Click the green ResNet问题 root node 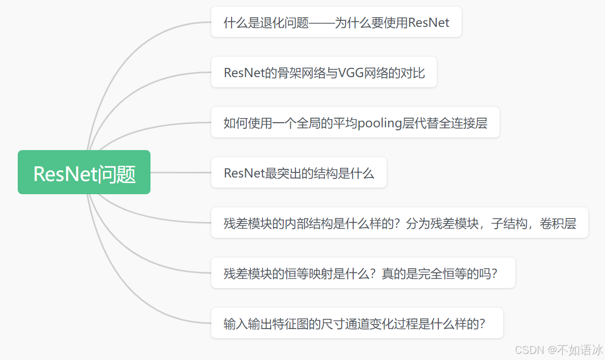click(84, 172)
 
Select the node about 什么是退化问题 click(336, 22)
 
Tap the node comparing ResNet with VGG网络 click(324, 73)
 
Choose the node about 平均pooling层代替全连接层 click(355, 123)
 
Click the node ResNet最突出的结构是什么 click(298, 173)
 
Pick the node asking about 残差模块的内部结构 click(399, 223)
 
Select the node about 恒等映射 click(363, 273)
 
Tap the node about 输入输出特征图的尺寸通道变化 click(357, 323)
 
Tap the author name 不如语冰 click(580, 350)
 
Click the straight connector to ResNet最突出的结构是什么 click(180, 172)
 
